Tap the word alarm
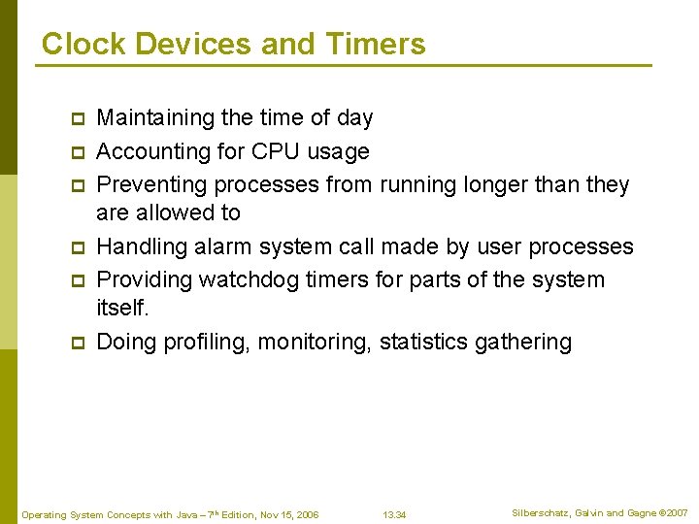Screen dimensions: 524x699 (225, 247)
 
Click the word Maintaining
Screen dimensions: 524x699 (156, 118)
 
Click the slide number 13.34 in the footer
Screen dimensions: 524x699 (394, 514)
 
